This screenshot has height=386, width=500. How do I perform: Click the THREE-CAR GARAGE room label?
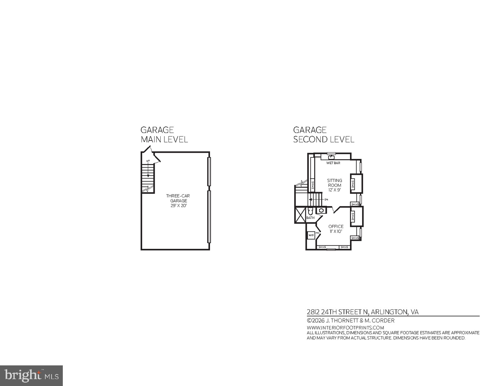(x=178, y=198)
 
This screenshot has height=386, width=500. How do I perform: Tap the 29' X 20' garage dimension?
(x=178, y=206)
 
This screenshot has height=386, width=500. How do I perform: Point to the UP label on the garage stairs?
(x=148, y=161)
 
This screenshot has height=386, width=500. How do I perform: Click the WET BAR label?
(x=333, y=163)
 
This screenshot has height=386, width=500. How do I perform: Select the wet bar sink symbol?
(x=331, y=157)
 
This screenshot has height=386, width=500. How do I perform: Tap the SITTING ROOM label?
(x=334, y=183)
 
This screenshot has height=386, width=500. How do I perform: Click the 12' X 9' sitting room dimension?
(x=334, y=190)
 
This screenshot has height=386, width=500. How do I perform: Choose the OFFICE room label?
(x=336, y=226)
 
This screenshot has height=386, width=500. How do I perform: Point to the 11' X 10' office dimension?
(x=336, y=231)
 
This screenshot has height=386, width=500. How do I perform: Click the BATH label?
(x=310, y=218)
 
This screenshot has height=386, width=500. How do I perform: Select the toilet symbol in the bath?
(x=310, y=211)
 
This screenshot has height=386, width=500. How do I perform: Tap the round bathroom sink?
(x=321, y=210)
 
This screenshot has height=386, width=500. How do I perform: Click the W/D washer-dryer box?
(x=311, y=235)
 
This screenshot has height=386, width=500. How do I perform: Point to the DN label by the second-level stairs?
(x=326, y=200)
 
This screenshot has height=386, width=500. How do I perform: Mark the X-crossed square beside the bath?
(x=300, y=215)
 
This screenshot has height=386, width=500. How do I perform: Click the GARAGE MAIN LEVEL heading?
(x=164, y=135)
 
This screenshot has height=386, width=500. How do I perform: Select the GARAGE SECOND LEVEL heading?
(x=323, y=135)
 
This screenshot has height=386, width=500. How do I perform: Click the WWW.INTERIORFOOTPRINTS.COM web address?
(x=345, y=328)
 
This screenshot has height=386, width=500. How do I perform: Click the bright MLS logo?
(x=31, y=375)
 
